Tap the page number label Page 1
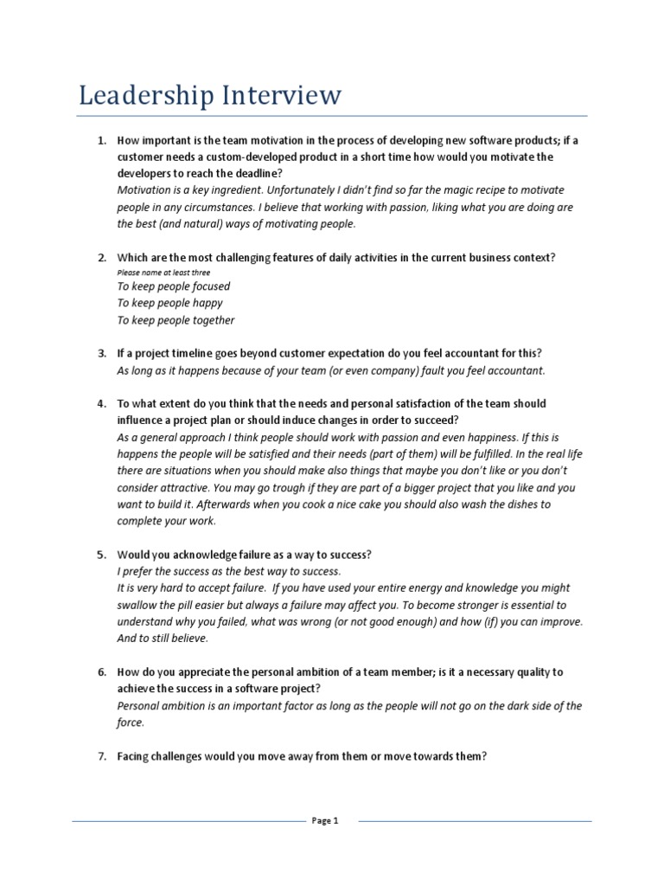[x=325, y=822]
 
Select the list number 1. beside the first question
[x=101, y=140]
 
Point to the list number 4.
[x=101, y=404]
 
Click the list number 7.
[x=101, y=756]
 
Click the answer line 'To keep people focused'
[x=173, y=286]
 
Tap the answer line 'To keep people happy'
[x=169, y=303]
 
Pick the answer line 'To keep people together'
[x=176, y=320]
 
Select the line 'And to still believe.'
[x=163, y=639]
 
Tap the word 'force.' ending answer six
[x=131, y=722]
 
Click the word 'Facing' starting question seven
[x=135, y=756]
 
